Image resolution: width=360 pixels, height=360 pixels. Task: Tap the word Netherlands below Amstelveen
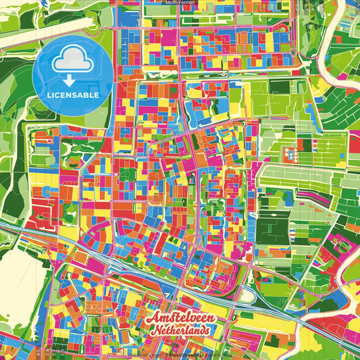[x=181, y=330]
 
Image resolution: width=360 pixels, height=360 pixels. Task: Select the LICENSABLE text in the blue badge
[x=73, y=95]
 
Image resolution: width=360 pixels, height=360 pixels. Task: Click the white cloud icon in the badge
[x=73, y=63]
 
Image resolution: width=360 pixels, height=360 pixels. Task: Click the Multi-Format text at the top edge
[x=180, y=3]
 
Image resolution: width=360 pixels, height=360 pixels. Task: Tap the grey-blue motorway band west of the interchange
[x=135, y=264]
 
